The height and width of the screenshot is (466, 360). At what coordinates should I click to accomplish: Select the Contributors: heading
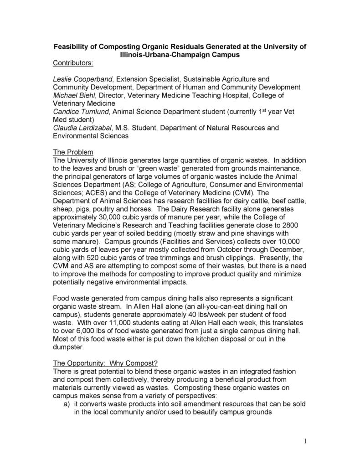coord(73,62)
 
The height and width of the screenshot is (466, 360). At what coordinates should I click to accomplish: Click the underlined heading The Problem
coord(73,152)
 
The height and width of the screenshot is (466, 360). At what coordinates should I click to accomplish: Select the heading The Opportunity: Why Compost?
coord(105,363)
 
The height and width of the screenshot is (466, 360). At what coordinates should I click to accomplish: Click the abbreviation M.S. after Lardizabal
coord(123,128)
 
